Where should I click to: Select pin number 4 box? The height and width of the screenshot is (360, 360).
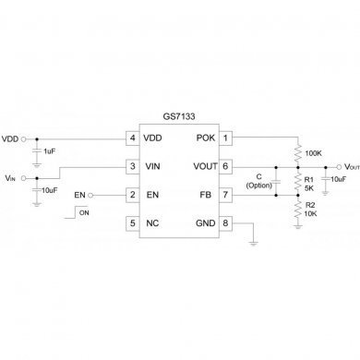click(x=132, y=138)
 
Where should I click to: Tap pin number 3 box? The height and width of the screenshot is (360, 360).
click(x=132, y=166)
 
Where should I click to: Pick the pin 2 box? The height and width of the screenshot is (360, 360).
click(x=132, y=195)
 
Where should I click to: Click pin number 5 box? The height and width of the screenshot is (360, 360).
click(x=132, y=222)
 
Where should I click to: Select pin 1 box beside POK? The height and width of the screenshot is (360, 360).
click(x=226, y=138)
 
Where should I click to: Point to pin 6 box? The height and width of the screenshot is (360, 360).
click(x=226, y=166)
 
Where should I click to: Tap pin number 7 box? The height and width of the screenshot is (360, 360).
click(x=226, y=195)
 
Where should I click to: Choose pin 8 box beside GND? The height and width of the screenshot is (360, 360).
click(x=226, y=222)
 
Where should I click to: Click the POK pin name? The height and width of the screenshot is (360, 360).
click(x=205, y=138)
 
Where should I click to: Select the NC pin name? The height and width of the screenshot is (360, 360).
click(x=152, y=222)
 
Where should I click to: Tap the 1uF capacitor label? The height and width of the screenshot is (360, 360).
click(x=48, y=150)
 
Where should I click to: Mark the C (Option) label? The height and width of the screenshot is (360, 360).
click(x=260, y=181)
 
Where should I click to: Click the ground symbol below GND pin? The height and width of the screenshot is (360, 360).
click(x=254, y=244)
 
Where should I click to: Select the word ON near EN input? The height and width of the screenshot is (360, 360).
click(x=85, y=212)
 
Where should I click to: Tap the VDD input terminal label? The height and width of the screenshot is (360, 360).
click(x=10, y=138)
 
